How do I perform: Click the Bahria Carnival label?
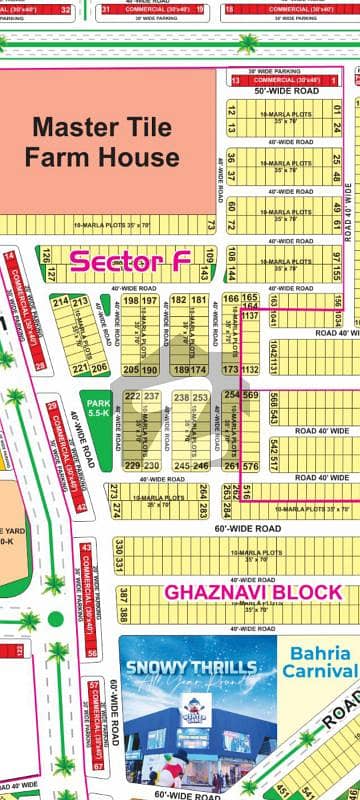coord(318,662)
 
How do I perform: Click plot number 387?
coord(121,594)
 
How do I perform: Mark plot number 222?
coord(131,396)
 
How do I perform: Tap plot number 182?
coord(179,301)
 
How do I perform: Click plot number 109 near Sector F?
coord(208,258)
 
